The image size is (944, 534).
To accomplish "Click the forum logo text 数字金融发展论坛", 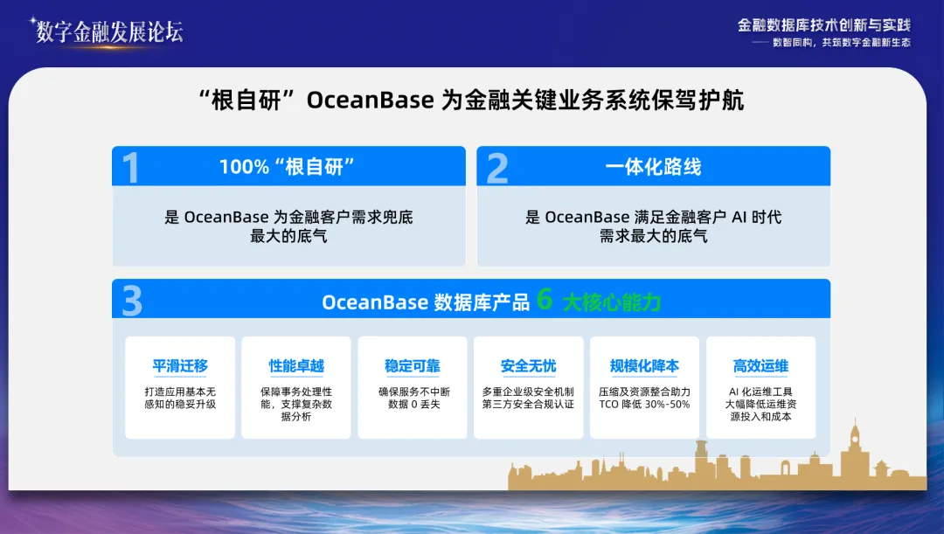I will tap(109, 31).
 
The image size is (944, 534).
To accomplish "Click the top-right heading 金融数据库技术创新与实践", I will tap(824, 25).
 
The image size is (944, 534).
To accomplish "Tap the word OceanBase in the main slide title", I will tap(371, 101).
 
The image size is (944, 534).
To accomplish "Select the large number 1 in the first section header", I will tap(131, 168).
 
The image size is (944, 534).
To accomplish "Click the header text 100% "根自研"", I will tap(288, 167).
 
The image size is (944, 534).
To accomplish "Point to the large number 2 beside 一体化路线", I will tap(497, 168).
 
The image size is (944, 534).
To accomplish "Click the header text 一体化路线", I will tap(653, 167).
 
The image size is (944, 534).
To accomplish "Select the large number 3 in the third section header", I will tap(132, 302).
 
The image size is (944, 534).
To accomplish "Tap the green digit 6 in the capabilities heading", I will tap(545, 300).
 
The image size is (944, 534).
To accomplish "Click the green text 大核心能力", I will tap(611, 302).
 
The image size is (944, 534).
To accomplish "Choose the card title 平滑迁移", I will tap(180, 366).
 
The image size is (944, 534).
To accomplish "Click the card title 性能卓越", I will tap(296, 366).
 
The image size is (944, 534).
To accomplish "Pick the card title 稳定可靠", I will tap(413, 366).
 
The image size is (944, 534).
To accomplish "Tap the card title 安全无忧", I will tap(528, 366).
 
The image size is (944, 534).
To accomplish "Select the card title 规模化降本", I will tap(644, 366).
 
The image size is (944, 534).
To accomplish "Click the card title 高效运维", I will tap(760, 366).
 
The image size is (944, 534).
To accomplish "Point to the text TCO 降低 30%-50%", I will tap(644, 405).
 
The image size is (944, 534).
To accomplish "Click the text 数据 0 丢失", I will tap(413, 405).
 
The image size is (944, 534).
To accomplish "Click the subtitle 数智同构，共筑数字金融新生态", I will tap(842, 43).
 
